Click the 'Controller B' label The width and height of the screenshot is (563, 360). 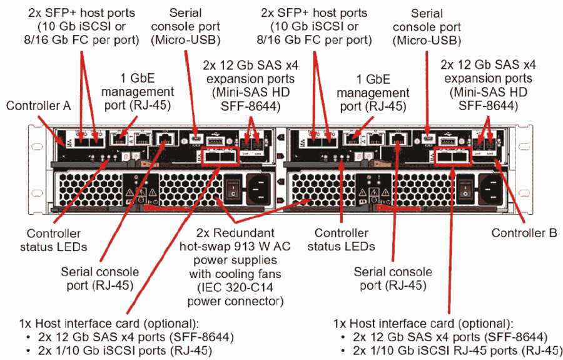524,233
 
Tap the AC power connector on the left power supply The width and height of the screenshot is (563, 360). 258,186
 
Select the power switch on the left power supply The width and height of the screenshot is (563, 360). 233,186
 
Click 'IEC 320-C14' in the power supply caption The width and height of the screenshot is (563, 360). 235,287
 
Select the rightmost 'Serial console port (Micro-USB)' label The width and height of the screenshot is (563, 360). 427,27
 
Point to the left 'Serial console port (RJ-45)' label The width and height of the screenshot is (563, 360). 99,279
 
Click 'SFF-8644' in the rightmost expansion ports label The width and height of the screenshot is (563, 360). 487,106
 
